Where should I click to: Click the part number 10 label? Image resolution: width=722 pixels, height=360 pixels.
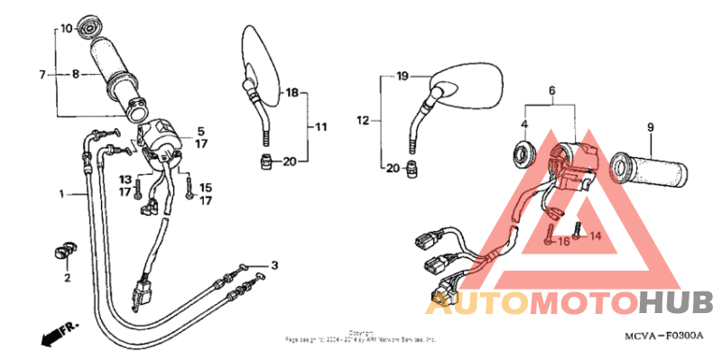[x=65, y=28]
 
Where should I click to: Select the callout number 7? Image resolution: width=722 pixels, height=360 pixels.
[x=42, y=73]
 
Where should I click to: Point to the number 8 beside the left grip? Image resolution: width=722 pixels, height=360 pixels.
[x=76, y=74]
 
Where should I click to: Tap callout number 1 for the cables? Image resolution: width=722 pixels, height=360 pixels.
[x=62, y=194]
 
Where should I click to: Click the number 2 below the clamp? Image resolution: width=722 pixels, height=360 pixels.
[x=66, y=278]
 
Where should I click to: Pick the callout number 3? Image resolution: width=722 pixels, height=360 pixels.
[x=274, y=264]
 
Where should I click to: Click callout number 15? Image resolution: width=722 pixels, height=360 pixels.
[x=205, y=188]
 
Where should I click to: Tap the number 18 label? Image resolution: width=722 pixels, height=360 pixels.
[x=292, y=92]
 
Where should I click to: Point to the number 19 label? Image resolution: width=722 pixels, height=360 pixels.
[x=403, y=76]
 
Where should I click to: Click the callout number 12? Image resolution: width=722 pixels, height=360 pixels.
[x=364, y=119]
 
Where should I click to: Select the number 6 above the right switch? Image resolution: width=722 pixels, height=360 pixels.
[x=552, y=90]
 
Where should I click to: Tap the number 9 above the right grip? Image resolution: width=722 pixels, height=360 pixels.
[x=649, y=127]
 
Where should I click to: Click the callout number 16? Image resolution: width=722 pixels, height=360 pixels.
[x=563, y=241]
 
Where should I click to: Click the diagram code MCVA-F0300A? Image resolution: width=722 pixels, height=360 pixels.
[x=663, y=336]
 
